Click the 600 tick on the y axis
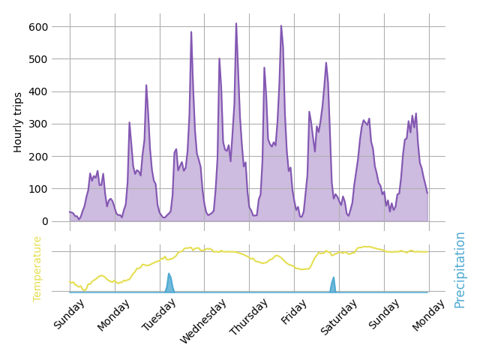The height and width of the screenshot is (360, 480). point(38,27)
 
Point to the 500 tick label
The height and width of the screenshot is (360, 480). point(38,59)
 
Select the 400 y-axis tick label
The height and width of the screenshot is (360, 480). point(38,91)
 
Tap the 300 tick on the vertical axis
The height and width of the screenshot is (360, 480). point(38,124)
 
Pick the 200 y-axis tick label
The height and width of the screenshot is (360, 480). point(38,156)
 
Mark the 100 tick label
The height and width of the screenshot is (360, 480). point(38,188)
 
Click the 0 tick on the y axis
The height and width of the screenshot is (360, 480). point(44,221)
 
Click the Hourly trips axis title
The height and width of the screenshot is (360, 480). point(19,122)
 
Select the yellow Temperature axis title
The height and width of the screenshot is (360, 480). point(37,268)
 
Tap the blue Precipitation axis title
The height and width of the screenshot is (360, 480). point(460,269)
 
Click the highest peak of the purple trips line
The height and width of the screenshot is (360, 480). point(235,24)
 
